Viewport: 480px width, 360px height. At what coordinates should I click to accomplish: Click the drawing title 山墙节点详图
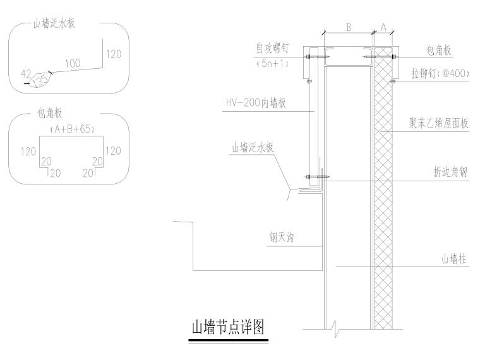click(x=228, y=328)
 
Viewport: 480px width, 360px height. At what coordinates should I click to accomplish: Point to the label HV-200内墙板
click(x=255, y=102)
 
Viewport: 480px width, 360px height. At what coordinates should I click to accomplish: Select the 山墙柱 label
click(x=454, y=259)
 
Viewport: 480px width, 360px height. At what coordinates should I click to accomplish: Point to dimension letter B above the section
click(x=348, y=27)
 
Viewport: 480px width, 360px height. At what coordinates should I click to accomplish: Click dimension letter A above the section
click(x=383, y=27)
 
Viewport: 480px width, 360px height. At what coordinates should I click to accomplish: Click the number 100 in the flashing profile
click(x=73, y=63)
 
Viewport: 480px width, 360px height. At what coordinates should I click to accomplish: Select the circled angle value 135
click(x=40, y=81)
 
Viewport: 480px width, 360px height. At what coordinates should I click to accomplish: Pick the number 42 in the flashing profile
click(x=26, y=74)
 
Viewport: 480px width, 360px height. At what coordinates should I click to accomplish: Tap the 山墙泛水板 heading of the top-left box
click(x=60, y=25)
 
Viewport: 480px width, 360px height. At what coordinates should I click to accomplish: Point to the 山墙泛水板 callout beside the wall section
click(x=253, y=148)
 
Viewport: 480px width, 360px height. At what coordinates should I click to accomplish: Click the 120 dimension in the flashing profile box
click(x=114, y=54)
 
